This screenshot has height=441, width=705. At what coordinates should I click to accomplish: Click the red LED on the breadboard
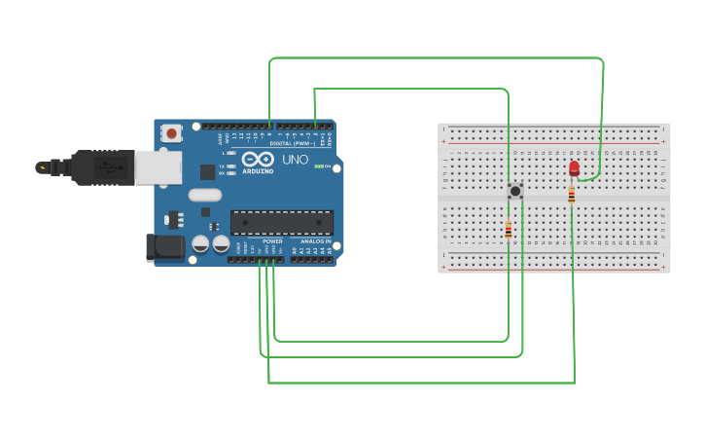[x=574, y=168]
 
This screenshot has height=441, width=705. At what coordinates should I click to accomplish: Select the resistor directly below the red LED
[x=572, y=195]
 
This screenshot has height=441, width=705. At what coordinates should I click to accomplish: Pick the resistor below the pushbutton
[x=508, y=231]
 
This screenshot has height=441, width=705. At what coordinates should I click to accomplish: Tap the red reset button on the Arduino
[x=172, y=132]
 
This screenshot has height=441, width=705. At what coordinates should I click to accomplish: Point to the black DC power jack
[x=163, y=247]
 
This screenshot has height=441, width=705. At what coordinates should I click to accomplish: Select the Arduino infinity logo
[x=258, y=159]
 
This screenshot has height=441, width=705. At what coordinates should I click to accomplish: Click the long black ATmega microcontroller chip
[x=281, y=223]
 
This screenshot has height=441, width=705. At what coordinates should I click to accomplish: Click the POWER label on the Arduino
[x=272, y=241]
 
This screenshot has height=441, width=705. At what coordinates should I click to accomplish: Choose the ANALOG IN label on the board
[x=315, y=241]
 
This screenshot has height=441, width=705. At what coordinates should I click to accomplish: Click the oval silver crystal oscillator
[x=205, y=195]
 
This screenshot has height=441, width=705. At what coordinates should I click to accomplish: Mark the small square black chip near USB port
[x=207, y=172]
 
